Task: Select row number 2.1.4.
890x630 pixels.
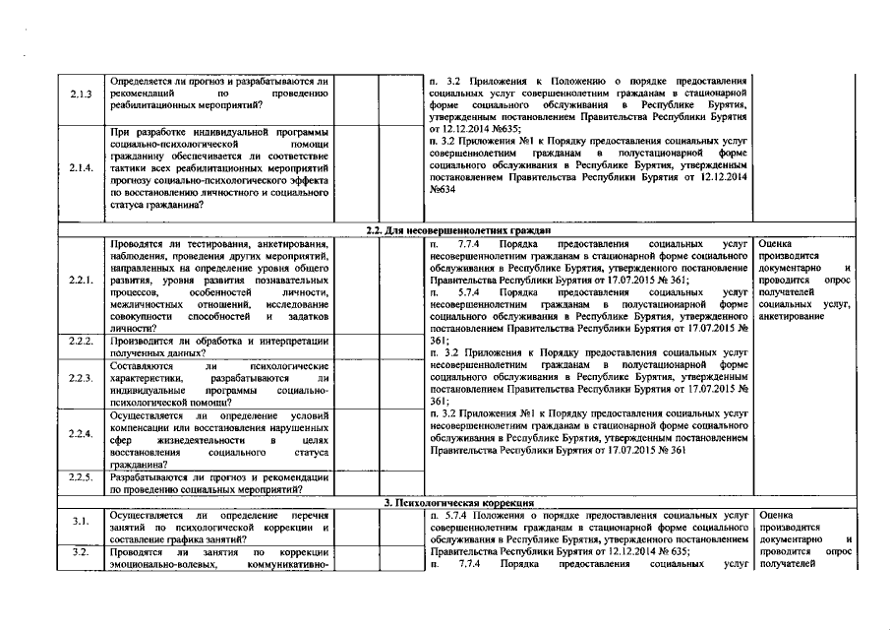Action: [x=82, y=167]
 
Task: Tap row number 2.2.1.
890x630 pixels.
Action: [x=82, y=281]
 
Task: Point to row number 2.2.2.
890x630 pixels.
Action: [x=82, y=342]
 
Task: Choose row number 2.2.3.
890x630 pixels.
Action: [x=82, y=378]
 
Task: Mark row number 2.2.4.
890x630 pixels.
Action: [x=82, y=433]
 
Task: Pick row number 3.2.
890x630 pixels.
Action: [x=82, y=552]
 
